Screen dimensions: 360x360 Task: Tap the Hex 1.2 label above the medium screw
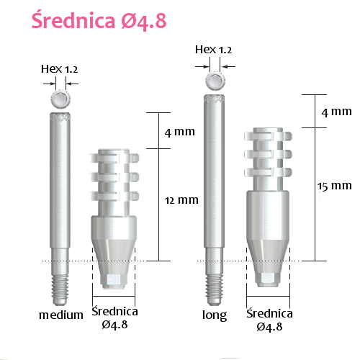tap(60, 69)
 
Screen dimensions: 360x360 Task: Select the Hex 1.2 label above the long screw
tap(214, 49)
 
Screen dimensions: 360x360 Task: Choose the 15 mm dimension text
tap(335, 186)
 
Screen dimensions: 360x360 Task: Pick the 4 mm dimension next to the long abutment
tap(336, 112)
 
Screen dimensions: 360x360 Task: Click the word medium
tap(60, 315)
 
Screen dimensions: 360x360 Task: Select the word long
tap(215, 315)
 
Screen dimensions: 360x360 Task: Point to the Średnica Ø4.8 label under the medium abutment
tap(114, 318)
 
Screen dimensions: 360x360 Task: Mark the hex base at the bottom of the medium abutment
tap(114, 278)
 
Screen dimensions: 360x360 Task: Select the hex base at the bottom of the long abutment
tap(269, 278)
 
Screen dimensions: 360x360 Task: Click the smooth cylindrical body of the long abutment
tap(269, 212)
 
